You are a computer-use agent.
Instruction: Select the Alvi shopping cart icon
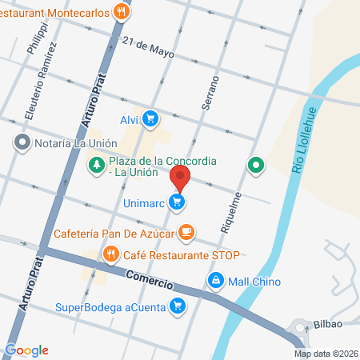[x=150, y=120]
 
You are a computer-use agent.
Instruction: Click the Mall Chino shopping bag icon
[x=214, y=280]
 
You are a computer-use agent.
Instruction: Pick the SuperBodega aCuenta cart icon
[x=178, y=306]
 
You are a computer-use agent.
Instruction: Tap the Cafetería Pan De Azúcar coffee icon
[x=186, y=232]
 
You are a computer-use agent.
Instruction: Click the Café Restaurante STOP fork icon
[x=110, y=256]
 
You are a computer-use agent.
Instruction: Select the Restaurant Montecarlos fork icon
[x=122, y=12]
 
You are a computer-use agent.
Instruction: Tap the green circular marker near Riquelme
[x=256, y=166]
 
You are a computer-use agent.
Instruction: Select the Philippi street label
[x=32, y=38]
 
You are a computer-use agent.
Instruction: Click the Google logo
[x=27, y=350]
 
